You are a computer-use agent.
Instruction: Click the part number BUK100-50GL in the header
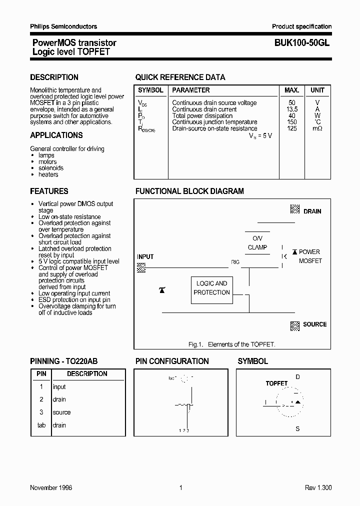[x=302, y=43]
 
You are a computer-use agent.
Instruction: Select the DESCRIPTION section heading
[x=54, y=77]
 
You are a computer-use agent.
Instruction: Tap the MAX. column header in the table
[x=291, y=90]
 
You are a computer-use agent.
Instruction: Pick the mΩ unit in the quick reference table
[x=317, y=128]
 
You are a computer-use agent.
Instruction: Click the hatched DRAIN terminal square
[x=295, y=210]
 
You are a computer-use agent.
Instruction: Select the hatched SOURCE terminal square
[x=295, y=325]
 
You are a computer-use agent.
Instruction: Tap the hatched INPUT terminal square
[x=141, y=268]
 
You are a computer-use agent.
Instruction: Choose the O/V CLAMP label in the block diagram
[x=257, y=243]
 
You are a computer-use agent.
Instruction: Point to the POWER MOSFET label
[x=309, y=256]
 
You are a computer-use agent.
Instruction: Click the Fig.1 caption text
[x=232, y=344]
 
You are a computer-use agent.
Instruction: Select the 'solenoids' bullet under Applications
[x=51, y=168]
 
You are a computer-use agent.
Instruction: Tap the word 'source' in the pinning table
[x=61, y=412]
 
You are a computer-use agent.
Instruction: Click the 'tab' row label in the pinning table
[x=41, y=425]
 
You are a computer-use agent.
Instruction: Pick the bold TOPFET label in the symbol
[x=276, y=383]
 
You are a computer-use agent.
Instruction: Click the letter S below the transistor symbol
[x=297, y=429]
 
